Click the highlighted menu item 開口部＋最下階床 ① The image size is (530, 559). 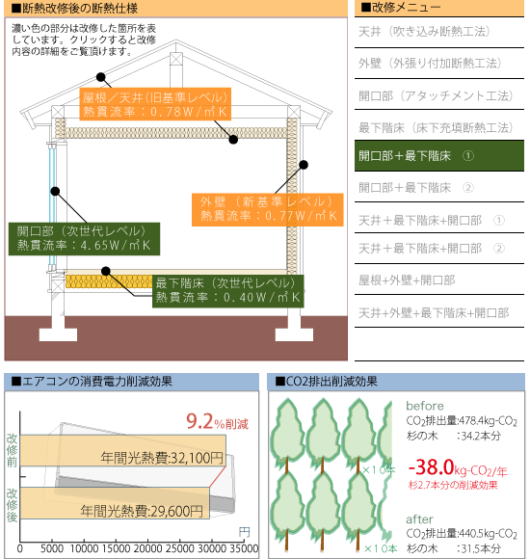(x=439, y=156)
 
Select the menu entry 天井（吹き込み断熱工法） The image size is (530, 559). (x=424, y=32)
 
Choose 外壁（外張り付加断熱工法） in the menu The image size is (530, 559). (x=430, y=63)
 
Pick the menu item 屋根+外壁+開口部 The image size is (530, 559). (x=407, y=280)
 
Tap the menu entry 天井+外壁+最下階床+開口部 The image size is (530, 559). (x=434, y=312)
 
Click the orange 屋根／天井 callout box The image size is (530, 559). (x=155, y=104)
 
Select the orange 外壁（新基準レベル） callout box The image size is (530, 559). (x=267, y=210)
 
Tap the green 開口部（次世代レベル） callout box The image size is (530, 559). (x=84, y=239)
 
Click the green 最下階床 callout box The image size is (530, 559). (x=228, y=291)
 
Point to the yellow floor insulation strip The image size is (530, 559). (x=109, y=281)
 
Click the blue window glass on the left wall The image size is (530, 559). (x=52, y=205)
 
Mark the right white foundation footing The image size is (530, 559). (x=295, y=334)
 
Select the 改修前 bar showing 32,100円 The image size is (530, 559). (x=123, y=450)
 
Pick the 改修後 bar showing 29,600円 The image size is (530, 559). (x=115, y=503)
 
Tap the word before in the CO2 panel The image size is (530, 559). (x=425, y=406)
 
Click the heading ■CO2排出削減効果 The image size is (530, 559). (x=326, y=382)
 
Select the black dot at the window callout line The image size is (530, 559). (x=55, y=192)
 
